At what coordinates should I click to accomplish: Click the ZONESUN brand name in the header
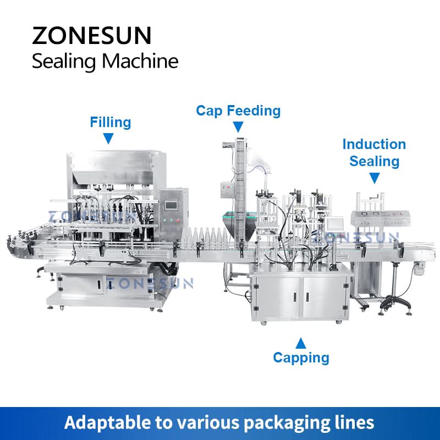pyautogui.click(x=91, y=36)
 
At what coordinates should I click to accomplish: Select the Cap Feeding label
pyautogui.click(x=238, y=111)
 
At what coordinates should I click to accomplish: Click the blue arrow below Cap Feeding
pyautogui.click(x=238, y=127)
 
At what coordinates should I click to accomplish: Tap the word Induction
pyautogui.click(x=374, y=144)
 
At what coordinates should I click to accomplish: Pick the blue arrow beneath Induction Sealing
pyautogui.click(x=374, y=178)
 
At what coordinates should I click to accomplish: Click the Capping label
pyautogui.click(x=301, y=358)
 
